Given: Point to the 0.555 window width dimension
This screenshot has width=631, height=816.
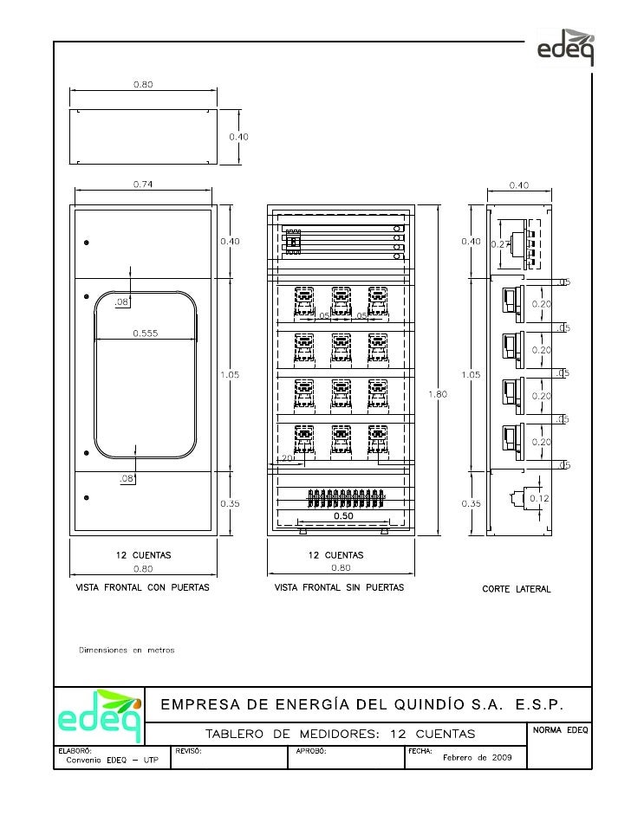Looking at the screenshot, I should click(145, 333).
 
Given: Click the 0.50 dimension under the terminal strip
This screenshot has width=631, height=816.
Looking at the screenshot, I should click(344, 515).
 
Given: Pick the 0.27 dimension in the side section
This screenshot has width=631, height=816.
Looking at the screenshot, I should click(500, 244).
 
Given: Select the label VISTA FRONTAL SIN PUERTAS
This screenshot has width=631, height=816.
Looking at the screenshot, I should click(339, 589).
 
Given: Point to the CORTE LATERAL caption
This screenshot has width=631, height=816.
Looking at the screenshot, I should click(517, 589).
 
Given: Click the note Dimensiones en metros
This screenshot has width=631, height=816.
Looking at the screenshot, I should click(127, 650).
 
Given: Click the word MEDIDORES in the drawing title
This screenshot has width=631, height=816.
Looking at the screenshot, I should click(335, 735).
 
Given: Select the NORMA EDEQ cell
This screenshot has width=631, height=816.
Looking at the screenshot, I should click(560, 731).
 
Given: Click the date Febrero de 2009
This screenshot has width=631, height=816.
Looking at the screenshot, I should click(478, 758).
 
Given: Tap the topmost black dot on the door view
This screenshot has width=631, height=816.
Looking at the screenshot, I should click(86, 243).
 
